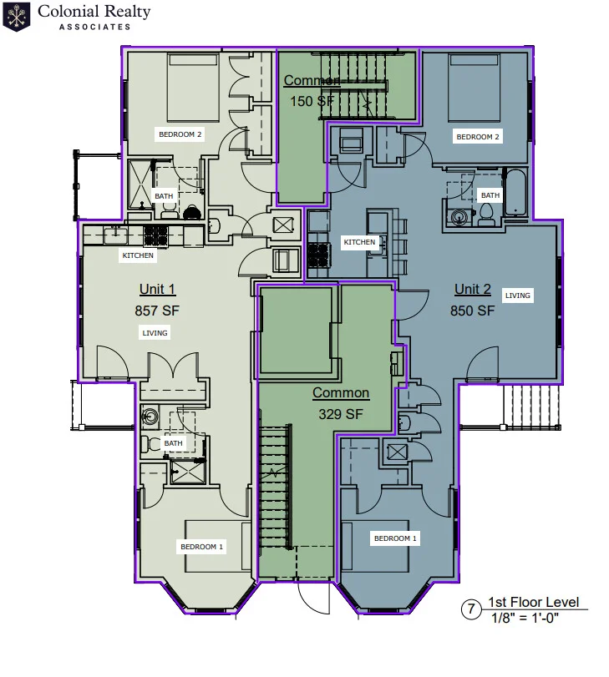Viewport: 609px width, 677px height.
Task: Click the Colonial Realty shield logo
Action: pyautogui.click(x=17, y=17)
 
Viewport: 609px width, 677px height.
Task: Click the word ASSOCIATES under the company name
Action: pyautogui.click(x=94, y=27)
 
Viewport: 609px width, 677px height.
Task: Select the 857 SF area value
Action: pyautogui.click(x=157, y=311)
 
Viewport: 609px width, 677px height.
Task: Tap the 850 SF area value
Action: pyautogui.click(x=473, y=311)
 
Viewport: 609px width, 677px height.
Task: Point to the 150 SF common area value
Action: pyautogui.click(x=311, y=101)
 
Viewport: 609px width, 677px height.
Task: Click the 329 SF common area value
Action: pyautogui.click(x=341, y=413)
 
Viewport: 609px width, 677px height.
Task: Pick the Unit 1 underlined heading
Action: pyautogui.click(x=157, y=290)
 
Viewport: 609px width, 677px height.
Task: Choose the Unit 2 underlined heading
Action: pyautogui.click(x=473, y=290)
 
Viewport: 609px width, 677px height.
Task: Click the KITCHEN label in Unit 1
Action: pyautogui.click(x=138, y=255)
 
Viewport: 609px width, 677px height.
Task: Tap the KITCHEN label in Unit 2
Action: pyautogui.click(x=360, y=242)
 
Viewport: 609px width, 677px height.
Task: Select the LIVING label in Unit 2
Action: pyautogui.click(x=518, y=296)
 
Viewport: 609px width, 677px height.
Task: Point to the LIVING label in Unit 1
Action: pyautogui.click(x=155, y=333)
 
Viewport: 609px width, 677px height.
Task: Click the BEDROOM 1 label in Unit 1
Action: pyautogui.click(x=202, y=547)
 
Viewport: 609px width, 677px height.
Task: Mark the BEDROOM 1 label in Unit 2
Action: pyautogui.click(x=395, y=538)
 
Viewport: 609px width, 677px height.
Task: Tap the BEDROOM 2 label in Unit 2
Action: pyautogui.click(x=477, y=136)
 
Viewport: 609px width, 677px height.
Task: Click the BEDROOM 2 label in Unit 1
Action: pyautogui.click(x=180, y=134)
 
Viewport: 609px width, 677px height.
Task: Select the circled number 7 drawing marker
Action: pyautogui.click(x=472, y=610)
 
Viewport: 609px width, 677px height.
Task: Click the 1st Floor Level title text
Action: pyautogui.click(x=533, y=603)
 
